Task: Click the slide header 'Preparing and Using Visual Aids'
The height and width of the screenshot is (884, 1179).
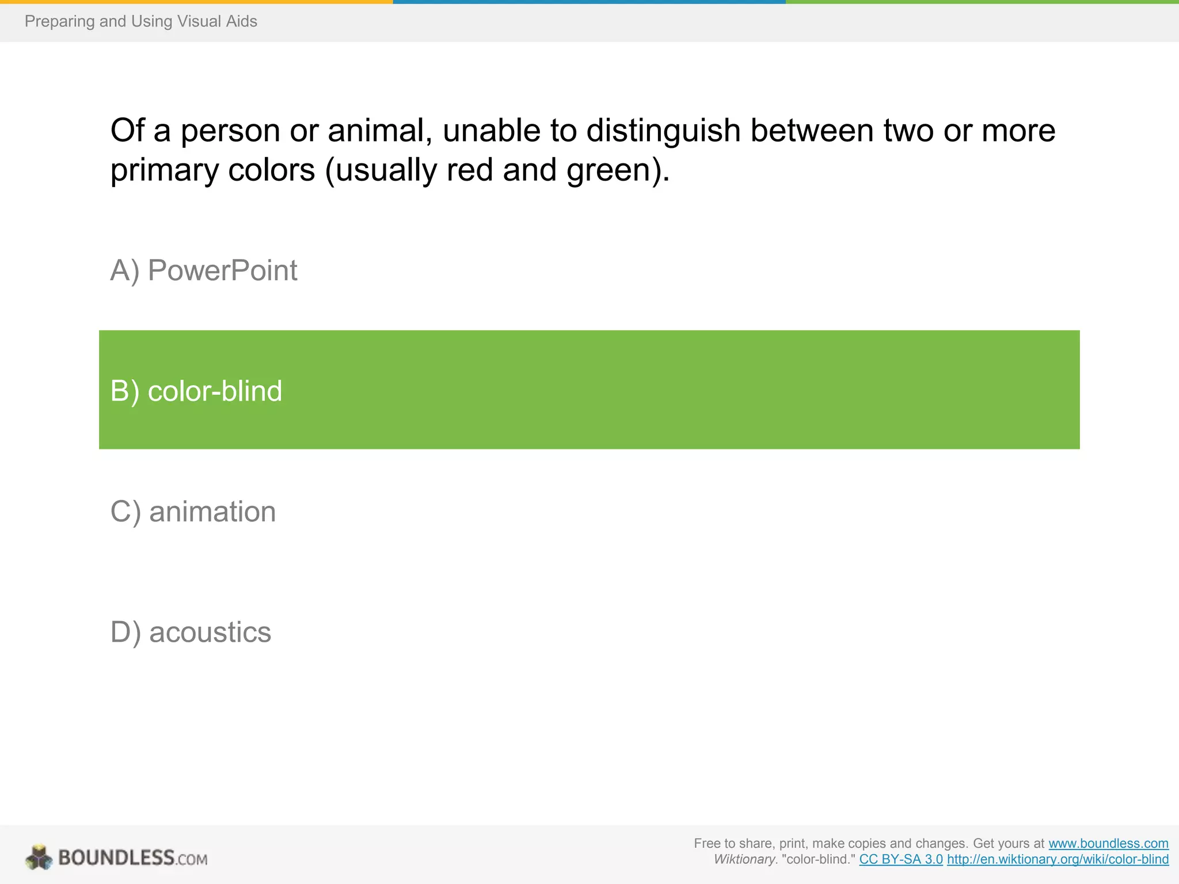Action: click(140, 21)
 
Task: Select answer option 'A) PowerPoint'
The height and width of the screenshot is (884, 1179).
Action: click(204, 270)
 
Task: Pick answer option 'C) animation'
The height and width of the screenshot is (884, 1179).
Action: click(193, 512)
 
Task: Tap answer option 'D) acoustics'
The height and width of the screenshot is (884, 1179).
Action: click(191, 632)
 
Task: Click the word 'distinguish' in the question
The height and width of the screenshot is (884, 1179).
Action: click(663, 131)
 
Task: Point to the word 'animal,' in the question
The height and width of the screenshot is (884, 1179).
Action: click(380, 131)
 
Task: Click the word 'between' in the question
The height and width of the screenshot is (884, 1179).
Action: click(812, 131)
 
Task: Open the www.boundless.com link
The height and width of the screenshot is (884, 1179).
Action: click(1108, 843)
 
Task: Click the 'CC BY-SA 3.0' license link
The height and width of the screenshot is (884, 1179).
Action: click(901, 859)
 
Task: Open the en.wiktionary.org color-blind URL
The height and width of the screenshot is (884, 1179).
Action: click(1058, 859)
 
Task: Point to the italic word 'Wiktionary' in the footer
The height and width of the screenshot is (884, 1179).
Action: click(745, 859)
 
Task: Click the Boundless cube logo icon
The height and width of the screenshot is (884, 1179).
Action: click(39, 857)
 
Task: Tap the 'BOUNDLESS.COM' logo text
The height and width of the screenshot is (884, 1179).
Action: click(133, 858)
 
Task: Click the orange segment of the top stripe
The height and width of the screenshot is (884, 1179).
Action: click(196, 2)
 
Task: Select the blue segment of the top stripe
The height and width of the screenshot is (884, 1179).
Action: click(589, 2)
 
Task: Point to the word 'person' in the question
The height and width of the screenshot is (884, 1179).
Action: click(230, 131)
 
